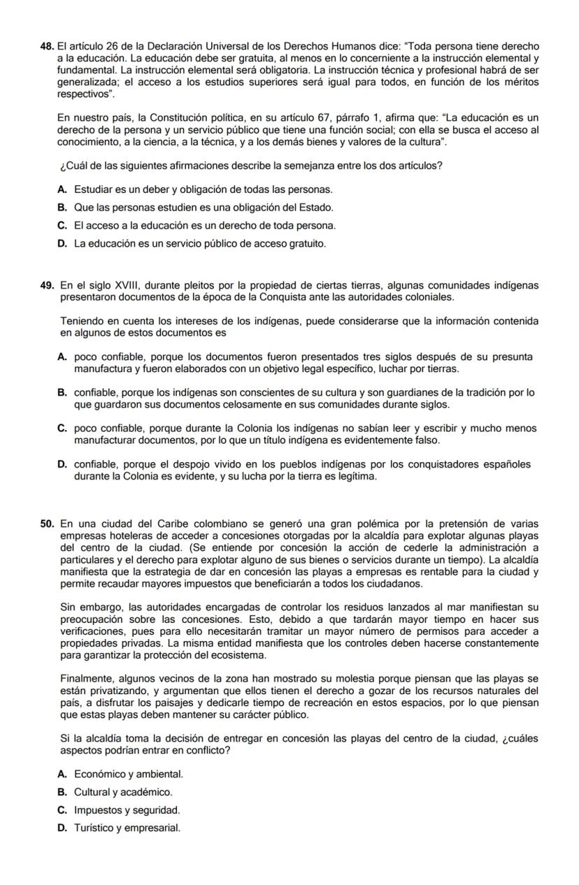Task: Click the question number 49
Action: tap(47, 285)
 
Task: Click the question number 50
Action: tap(47, 524)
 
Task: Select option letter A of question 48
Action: tap(63, 189)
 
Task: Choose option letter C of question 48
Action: tap(63, 226)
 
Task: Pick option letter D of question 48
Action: tap(63, 244)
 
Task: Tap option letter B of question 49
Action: tap(63, 393)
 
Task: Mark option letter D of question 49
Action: tap(63, 464)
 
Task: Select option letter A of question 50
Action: tap(63, 774)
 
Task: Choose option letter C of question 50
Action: tap(63, 810)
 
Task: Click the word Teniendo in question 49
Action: tap(81, 321)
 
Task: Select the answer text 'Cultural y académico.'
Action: tap(122, 792)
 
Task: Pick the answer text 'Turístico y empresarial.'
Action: tap(127, 828)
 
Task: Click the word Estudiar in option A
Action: tap(92, 189)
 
